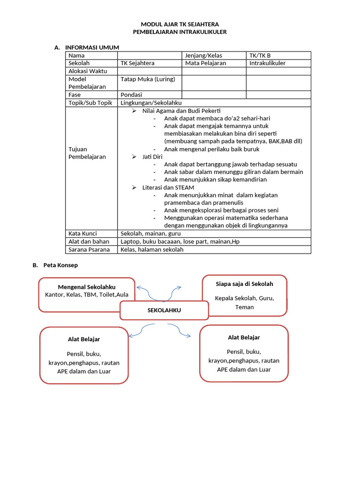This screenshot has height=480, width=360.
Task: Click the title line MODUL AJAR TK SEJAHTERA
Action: pos(180,24)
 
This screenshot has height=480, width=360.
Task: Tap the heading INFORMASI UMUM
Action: pos(92,47)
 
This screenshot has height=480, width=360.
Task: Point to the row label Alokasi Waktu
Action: pos(88,71)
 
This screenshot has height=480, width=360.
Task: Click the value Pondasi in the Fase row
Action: pos(131,95)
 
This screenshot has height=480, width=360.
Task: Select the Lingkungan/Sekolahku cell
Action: pos(151,103)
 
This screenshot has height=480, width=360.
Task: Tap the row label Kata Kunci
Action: pos(82,233)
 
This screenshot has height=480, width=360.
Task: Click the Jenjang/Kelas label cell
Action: pos(203,55)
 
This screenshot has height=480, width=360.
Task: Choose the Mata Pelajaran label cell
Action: pos(205,63)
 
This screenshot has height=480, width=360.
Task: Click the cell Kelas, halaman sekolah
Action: pos(152,249)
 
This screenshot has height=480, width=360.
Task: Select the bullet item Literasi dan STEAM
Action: pos(168,187)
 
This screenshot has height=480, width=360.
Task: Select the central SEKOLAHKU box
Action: pos(164,310)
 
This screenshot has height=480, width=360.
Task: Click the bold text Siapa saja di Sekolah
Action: pos(244,284)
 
